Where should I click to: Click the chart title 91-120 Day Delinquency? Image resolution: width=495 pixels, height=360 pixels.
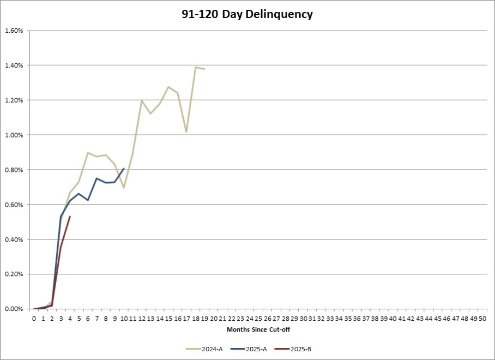point(247,15)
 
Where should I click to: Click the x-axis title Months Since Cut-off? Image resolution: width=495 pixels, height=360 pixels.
point(254,329)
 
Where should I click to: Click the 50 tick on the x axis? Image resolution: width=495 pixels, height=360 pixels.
point(482,317)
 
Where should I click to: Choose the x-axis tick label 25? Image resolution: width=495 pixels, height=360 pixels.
point(258,317)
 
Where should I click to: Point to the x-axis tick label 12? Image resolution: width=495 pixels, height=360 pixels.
point(142,317)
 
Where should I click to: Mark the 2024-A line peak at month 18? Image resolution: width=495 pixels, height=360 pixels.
point(195,67)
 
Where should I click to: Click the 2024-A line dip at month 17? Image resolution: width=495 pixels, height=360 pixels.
point(186,132)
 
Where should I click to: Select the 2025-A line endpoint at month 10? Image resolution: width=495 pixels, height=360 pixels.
point(124,169)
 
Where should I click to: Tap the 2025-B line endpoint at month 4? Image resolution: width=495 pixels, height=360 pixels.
point(70,217)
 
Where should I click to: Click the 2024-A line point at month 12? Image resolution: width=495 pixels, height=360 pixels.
point(142,100)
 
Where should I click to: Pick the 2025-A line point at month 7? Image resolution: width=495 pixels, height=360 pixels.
point(96,178)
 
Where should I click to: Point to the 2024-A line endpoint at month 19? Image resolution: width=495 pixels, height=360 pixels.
point(204,69)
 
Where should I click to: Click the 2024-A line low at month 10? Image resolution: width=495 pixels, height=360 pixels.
point(124,188)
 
